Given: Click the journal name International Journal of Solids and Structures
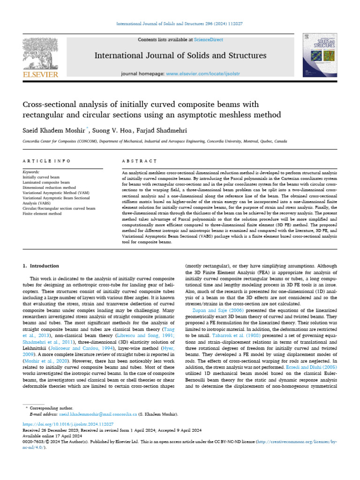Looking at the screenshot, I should point(180,56).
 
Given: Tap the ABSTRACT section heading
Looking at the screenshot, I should point(139,161).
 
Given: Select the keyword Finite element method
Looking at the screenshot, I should point(42,213).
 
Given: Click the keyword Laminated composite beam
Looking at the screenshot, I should point(46,182).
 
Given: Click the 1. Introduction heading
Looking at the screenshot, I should point(41,266).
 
